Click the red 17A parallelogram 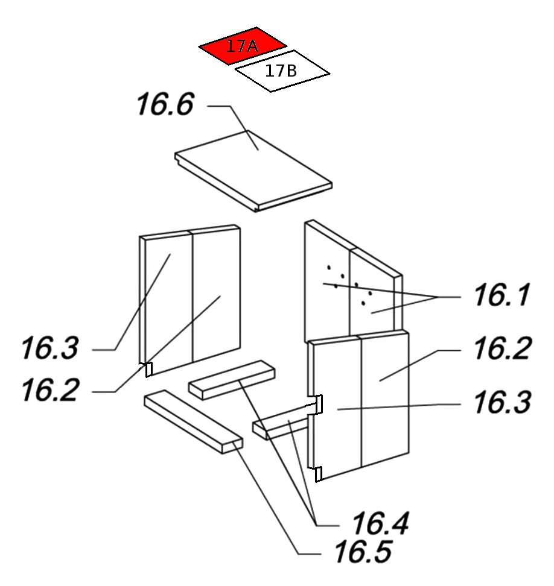coord(242,46)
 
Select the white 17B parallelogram coord(282,71)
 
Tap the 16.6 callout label coord(165,104)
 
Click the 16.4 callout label coord(380,523)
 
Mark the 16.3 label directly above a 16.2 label coord(49,348)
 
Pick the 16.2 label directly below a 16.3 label coord(49,390)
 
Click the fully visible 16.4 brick coord(229,379)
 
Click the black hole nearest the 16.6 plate coord(329,267)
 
